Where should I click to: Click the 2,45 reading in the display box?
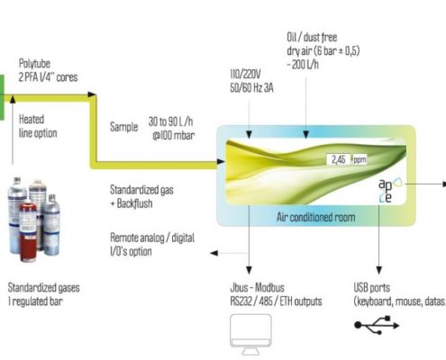338,159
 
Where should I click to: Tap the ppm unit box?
360,159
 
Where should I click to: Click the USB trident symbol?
377,325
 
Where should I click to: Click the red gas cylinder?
28,230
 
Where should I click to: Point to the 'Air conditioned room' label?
315,217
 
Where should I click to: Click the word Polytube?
34,63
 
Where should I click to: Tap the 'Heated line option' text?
38,126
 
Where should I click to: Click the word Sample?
123,127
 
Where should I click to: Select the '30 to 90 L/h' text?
170,121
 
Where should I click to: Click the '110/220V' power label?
245,74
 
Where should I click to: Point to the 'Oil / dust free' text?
312,37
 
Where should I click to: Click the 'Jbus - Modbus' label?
257,287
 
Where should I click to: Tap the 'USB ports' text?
372,287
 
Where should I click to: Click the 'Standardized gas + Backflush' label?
141,196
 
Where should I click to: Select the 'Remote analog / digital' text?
152,238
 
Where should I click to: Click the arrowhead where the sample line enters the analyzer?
221,161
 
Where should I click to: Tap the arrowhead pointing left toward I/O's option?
214,253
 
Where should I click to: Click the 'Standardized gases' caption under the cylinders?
44,287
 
